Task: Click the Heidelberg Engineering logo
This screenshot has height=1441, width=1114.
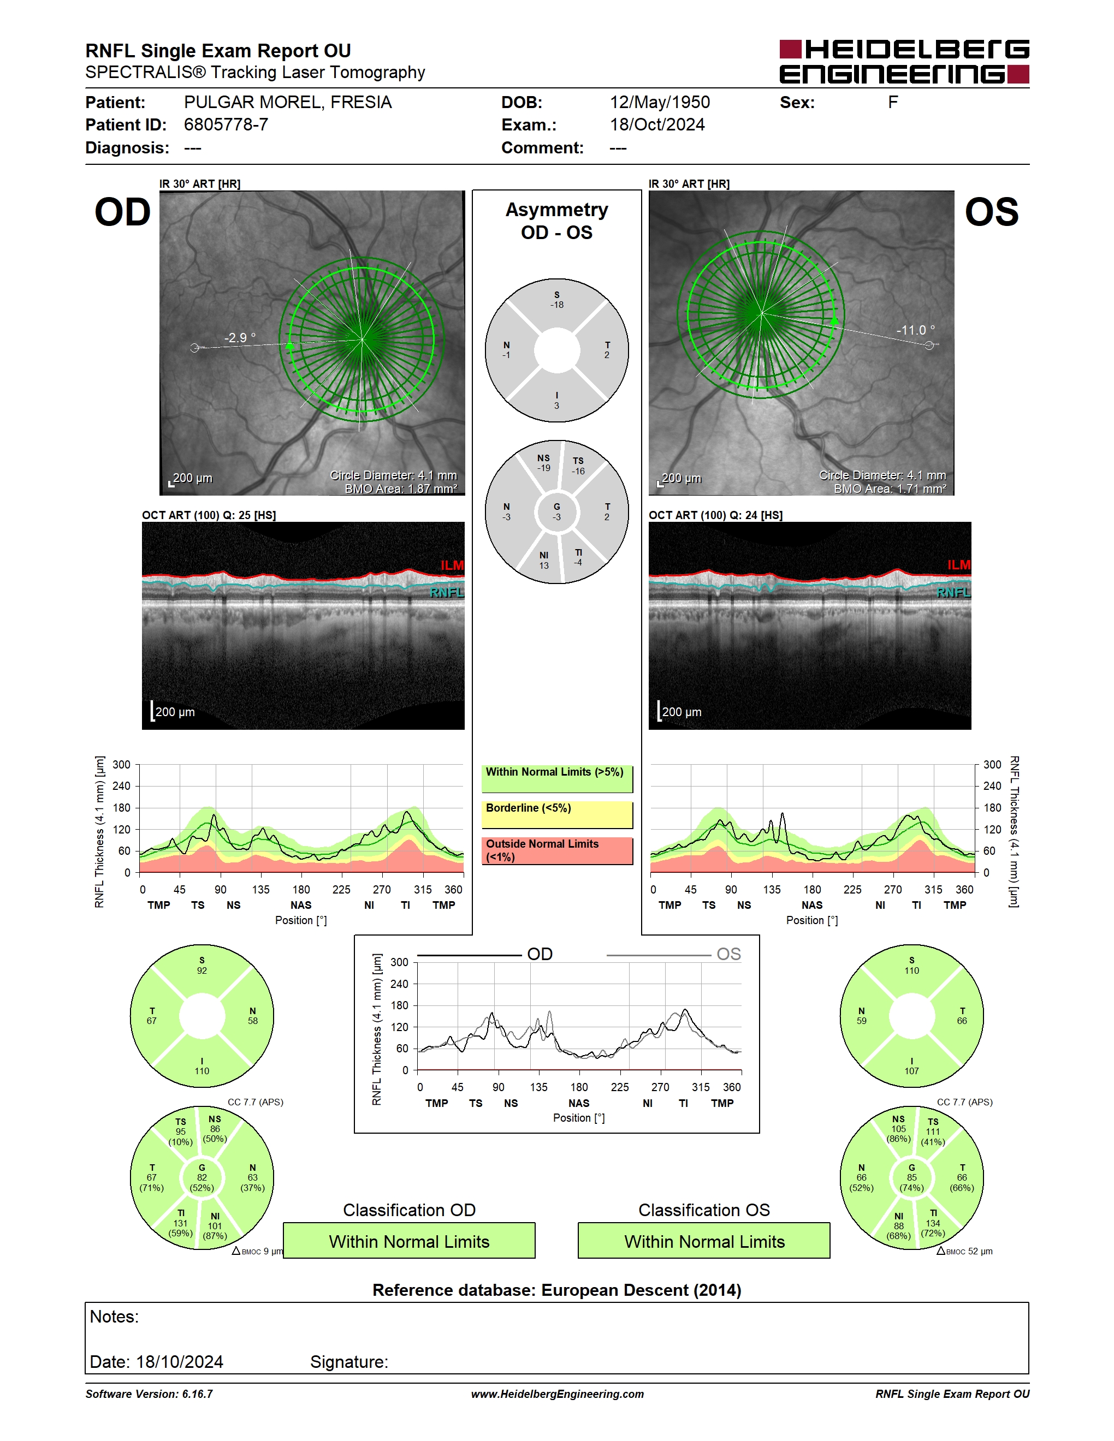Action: coord(904,61)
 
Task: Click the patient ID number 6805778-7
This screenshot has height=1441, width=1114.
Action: coord(226,124)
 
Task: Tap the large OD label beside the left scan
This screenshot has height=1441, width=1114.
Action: coord(123,212)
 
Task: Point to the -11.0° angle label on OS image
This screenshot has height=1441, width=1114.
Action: coord(915,330)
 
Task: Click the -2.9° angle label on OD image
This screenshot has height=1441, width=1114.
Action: coord(240,338)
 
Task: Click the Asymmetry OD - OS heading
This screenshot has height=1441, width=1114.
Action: coord(557,221)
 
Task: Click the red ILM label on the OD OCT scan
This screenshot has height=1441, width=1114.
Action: coord(452,565)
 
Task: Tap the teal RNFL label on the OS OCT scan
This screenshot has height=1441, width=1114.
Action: coord(953,592)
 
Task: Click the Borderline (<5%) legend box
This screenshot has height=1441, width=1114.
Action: coord(557,815)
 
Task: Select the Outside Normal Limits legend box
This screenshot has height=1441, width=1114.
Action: coord(557,850)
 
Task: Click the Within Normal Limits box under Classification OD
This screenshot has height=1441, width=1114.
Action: coord(409,1241)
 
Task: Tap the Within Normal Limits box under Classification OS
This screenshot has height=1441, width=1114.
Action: coord(704,1241)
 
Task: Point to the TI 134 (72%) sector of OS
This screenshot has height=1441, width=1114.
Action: coord(933,1223)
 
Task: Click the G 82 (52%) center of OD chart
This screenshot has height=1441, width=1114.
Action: coord(202,1178)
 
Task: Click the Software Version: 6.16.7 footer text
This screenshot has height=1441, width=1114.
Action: coord(149,1394)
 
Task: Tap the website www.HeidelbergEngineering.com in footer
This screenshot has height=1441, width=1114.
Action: coord(557,1394)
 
